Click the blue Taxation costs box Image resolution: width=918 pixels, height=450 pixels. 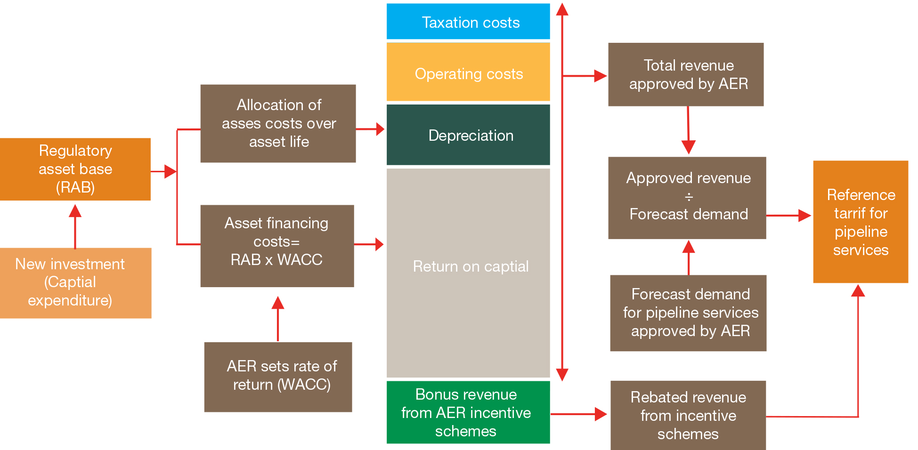[x=468, y=21]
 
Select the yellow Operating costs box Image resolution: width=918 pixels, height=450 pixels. [x=468, y=72]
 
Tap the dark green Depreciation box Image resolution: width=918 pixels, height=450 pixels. [x=468, y=135]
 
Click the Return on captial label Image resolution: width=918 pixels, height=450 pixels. [x=471, y=266]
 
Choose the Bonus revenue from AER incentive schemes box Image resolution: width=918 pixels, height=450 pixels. [x=468, y=412]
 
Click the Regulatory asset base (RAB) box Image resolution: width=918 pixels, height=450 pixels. [x=75, y=169]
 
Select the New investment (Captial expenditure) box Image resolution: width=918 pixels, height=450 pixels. [x=75, y=283]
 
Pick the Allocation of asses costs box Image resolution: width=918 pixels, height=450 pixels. [x=278, y=123]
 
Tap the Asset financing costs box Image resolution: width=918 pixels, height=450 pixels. [x=277, y=246]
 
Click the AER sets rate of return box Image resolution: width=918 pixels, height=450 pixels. [x=278, y=377]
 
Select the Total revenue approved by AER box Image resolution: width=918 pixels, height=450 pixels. [x=686, y=74]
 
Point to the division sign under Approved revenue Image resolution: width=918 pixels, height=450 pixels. [x=689, y=197]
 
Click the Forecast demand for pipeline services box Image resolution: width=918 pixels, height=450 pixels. [x=688, y=313]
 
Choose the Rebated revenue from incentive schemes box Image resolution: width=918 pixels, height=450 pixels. [x=688, y=415]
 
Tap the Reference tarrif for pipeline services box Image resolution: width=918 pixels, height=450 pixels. [x=861, y=222]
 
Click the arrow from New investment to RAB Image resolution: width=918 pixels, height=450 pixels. [x=75, y=226]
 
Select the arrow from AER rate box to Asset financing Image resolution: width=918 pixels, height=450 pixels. [x=278, y=319]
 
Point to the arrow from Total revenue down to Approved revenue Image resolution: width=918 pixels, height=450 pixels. [x=688, y=130]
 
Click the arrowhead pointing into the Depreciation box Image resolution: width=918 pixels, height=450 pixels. [x=381, y=129]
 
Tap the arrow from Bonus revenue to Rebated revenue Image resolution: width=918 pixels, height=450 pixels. [x=579, y=414]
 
